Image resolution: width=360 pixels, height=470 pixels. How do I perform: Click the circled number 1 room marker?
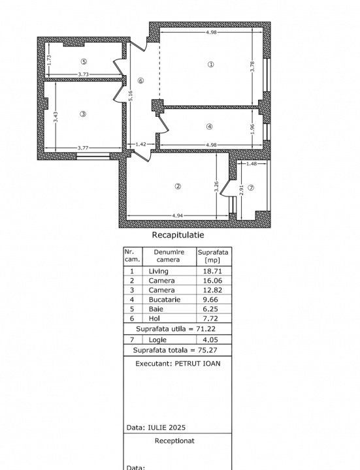(x=211, y=65)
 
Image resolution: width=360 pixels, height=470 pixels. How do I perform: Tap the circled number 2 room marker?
(x=178, y=187)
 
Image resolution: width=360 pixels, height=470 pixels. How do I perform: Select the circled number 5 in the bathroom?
(x=84, y=62)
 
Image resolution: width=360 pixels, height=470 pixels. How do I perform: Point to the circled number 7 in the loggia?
(x=251, y=187)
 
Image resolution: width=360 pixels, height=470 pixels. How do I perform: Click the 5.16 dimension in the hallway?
(x=131, y=96)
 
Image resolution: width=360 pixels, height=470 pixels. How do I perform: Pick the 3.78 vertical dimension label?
(x=252, y=66)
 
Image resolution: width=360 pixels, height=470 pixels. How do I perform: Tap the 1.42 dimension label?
(x=140, y=144)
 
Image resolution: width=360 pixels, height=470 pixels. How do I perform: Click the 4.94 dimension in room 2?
(x=178, y=215)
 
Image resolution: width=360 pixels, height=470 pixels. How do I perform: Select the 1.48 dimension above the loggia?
(x=252, y=164)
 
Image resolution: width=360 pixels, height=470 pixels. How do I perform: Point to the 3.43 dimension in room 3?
(x=56, y=117)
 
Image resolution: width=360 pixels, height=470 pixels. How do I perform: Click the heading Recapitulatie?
(x=178, y=235)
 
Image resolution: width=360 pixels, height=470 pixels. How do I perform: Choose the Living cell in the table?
(x=158, y=272)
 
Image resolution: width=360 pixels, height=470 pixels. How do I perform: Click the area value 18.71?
(x=212, y=272)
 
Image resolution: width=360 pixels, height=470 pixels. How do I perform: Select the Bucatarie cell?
(x=165, y=300)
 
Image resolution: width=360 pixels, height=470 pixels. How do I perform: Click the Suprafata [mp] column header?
(x=213, y=256)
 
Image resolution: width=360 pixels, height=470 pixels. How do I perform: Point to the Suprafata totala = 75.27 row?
(x=175, y=350)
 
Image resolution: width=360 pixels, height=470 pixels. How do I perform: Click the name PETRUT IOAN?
(x=197, y=364)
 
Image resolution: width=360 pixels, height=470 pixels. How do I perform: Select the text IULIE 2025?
(x=167, y=428)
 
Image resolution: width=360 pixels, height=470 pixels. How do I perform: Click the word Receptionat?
(x=174, y=441)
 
